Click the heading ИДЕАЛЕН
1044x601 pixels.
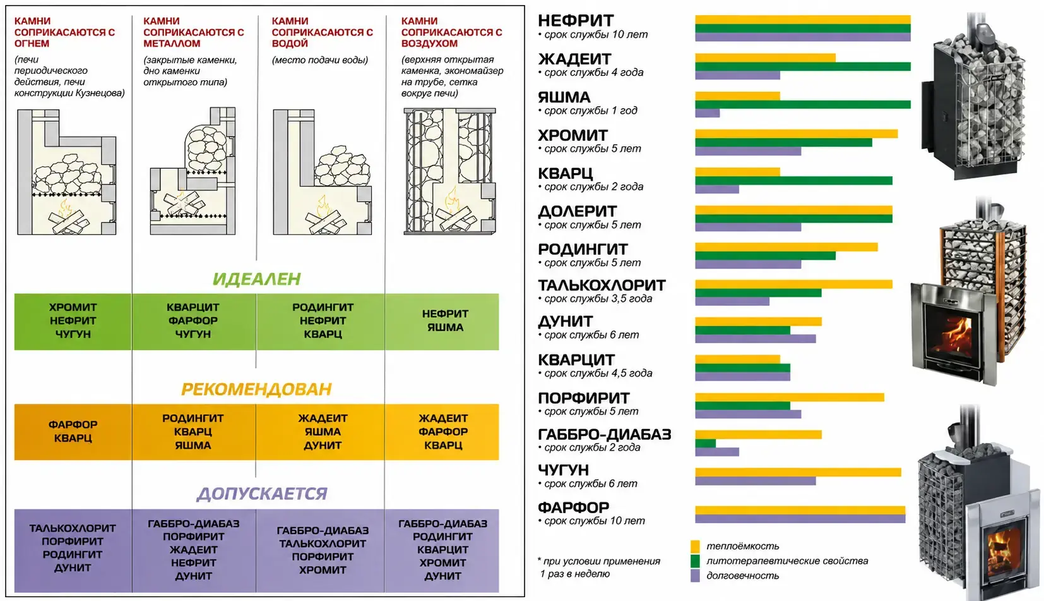257,279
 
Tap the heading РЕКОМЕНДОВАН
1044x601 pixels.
256,389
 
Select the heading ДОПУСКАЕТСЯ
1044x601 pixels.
262,494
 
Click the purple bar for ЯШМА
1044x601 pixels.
707,113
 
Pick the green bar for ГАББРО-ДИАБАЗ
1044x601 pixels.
705,443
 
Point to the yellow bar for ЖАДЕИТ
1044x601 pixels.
765,58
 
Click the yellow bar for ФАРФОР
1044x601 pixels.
800,510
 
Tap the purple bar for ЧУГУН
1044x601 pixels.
755,481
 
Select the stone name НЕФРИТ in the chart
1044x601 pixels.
576,20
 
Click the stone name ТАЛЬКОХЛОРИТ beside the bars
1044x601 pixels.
602,285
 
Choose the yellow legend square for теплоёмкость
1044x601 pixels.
695,547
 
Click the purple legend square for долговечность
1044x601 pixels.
695,576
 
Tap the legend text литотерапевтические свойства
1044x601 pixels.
787,561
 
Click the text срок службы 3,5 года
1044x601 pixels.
598,299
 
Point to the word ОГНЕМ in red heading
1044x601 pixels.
32,44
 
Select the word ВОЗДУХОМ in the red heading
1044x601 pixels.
429,44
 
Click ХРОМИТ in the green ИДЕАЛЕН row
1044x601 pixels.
73,308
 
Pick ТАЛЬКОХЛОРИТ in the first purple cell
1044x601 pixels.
72,528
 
